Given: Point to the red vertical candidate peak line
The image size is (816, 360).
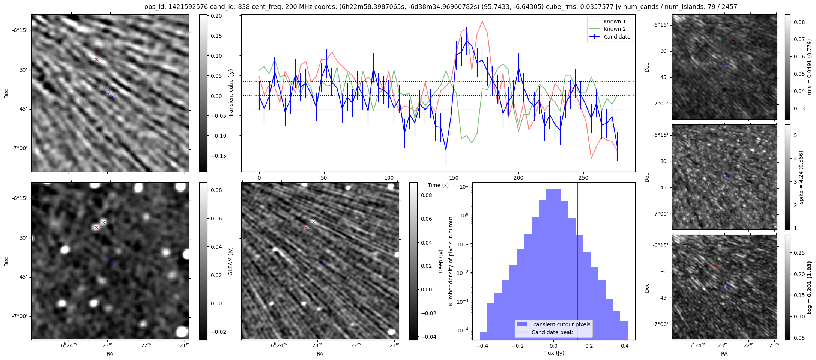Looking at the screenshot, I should (578, 262).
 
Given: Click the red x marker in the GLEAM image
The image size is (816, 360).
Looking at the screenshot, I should (96, 227).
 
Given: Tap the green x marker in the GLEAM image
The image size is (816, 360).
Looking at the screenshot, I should (103, 223).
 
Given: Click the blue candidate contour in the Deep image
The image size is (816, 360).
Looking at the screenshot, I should (322, 261).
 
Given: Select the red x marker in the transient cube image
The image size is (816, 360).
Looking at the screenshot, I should (96, 59).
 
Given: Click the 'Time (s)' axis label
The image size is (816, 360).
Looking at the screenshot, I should (438, 185).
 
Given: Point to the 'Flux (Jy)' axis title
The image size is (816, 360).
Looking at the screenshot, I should (553, 353).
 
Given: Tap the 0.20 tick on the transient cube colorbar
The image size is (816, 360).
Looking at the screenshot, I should (216, 16).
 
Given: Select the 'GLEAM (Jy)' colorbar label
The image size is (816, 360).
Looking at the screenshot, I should (230, 261).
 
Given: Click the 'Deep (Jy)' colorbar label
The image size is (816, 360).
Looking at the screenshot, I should (440, 261).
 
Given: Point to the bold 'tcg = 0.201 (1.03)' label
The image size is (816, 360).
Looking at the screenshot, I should (810, 287).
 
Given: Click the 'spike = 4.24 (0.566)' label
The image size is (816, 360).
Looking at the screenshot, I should (801, 177).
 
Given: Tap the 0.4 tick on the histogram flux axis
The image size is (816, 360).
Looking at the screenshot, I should (624, 346).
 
